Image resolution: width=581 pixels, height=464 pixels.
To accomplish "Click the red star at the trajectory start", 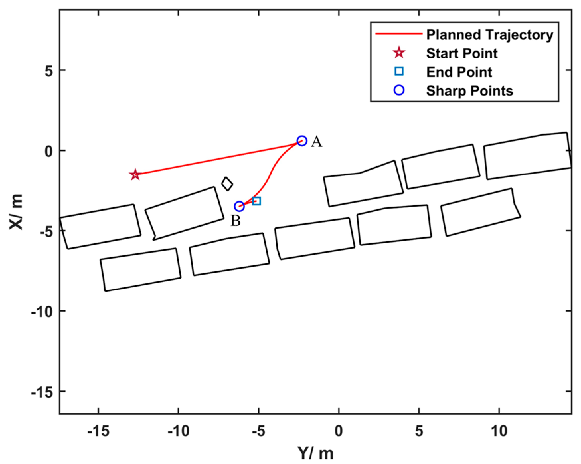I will [135, 174].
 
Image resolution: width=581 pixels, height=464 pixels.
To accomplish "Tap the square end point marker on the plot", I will [256, 201].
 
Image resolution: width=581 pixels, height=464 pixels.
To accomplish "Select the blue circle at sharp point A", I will [302, 141].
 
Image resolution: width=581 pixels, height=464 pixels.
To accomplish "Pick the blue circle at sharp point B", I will [239, 206].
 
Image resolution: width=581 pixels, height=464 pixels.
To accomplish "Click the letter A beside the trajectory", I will [316, 142].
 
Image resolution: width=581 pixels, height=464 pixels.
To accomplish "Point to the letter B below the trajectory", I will [236, 221].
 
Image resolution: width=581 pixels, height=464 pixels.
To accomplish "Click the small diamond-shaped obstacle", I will [227, 184].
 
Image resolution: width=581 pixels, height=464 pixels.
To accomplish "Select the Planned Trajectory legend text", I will [490, 35].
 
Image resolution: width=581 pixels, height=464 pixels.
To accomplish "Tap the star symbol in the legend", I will [399, 53].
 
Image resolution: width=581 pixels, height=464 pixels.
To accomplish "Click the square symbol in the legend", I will [399, 71].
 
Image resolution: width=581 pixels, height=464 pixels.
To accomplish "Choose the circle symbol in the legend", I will [399, 90].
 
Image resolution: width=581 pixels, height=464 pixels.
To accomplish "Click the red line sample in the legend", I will [398, 34].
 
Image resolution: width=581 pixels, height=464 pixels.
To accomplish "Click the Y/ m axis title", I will [315, 453].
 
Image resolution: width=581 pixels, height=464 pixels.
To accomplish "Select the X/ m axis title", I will [16, 212].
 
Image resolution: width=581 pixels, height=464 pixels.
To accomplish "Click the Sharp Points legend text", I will [469, 91].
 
